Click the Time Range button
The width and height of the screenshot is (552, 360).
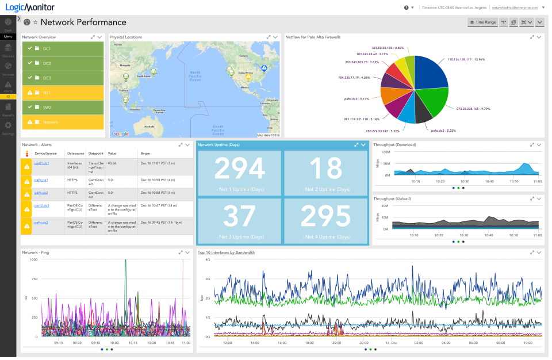pyautogui.click(x=482, y=22)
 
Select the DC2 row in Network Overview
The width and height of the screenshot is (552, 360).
pyautogui.click(x=63, y=63)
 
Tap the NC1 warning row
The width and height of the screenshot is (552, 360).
pyautogui.click(x=63, y=93)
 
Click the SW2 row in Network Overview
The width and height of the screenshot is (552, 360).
pyautogui.click(x=63, y=108)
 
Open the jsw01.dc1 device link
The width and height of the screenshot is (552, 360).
pyautogui.click(x=41, y=163)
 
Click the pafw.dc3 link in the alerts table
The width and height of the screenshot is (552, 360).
pyautogui.click(x=41, y=222)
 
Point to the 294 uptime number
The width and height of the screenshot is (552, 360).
pyautogui.click(x=240, y=168)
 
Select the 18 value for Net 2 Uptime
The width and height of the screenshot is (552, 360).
pyautogui.click(x=325, y=168)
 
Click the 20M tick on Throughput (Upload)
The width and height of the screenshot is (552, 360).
pyautogui.click(x=385, y=205)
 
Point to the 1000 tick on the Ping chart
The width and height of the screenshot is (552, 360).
pyautogui.click(x=33, y=259)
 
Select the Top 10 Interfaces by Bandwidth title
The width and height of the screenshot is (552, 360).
pyautogui.click(x=226, y=252)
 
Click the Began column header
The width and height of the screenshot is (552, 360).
pyautogui.click(x=145, y=154)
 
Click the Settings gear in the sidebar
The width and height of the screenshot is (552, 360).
pyautogui.click(x=8, y=127)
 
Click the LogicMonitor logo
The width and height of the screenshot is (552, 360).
pyautogui.click(x=27, y=7)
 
